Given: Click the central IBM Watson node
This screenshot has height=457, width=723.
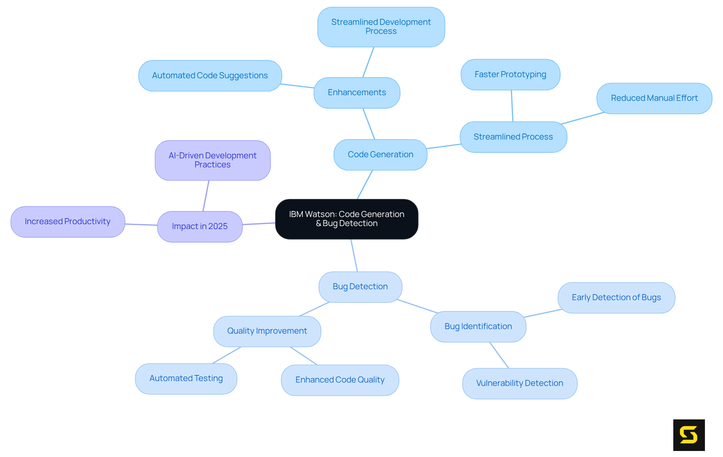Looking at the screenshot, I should [346, 219].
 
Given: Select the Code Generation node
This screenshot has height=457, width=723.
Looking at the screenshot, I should [380, 155].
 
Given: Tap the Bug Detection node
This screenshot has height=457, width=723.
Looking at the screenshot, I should [360, 287].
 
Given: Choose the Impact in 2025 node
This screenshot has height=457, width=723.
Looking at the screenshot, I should [200, 226].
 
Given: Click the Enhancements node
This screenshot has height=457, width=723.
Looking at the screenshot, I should [357, 93].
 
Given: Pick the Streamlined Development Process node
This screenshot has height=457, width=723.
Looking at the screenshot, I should [381, 27].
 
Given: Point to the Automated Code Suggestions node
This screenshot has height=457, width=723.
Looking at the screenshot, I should [210, 76].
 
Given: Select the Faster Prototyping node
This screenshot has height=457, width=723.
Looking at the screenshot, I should [510, 74].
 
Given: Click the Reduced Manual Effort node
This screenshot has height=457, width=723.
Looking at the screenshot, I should [654, 98].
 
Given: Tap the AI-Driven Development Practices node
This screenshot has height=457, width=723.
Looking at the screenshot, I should [212, 160].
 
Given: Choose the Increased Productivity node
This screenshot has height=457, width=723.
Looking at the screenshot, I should [67, 222].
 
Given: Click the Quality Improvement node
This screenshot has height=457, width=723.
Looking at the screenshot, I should [267, 331].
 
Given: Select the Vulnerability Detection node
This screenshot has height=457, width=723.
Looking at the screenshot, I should [519, 383].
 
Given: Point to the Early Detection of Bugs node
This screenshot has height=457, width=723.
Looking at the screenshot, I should [616, 298].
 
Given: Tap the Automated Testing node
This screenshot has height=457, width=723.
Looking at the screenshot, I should [186, 378].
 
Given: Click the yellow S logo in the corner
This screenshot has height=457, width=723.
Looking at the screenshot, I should [689, 435].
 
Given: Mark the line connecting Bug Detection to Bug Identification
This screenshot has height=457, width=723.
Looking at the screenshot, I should [417, 306].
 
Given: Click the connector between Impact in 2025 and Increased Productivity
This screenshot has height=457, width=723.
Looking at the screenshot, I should [141, 225].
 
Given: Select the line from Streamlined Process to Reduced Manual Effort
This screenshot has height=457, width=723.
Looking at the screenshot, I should [583, 118].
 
